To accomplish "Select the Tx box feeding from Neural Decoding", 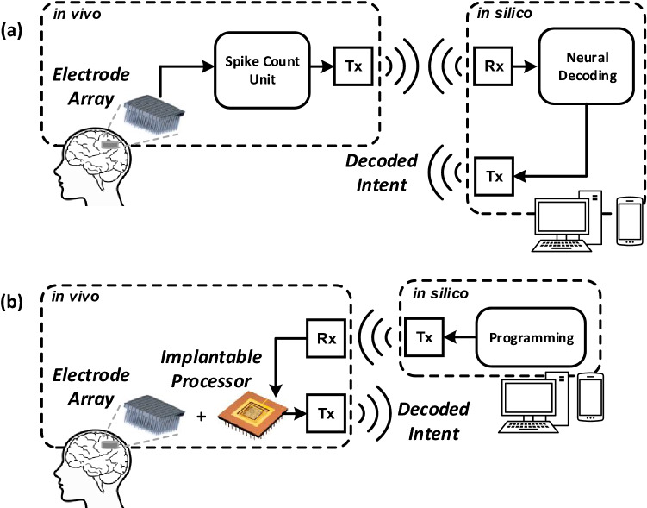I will tap(488, 176).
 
